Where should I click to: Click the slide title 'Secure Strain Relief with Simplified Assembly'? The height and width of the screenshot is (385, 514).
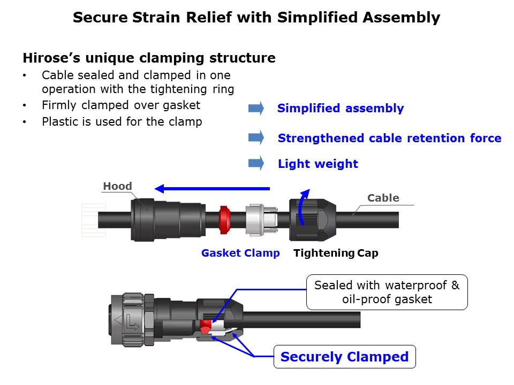[x=256, y=18]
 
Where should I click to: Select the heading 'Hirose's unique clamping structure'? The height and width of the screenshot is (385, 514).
[x=149, y=58]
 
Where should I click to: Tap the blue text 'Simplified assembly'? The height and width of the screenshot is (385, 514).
[x=341, y=109]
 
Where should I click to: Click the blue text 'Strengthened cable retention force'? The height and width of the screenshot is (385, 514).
[x=389, y=138]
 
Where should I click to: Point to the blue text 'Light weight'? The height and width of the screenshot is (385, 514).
[x=318, y=164]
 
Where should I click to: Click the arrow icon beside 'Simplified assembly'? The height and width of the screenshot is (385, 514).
[x=256, y=108]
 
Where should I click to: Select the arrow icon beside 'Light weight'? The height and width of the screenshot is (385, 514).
[x=256, y=163]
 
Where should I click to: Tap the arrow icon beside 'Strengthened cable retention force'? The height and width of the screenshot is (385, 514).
[x=256, y=137]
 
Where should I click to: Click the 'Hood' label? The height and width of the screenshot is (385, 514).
[x=117, y=186]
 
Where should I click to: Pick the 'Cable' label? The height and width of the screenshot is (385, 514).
[x=383, y=198]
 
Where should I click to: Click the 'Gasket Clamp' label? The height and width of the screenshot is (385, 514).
[x=240, y=253]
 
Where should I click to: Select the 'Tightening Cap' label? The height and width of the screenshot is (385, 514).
[x=336, y=253]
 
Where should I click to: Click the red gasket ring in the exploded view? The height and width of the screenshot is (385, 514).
[x=225, y=220]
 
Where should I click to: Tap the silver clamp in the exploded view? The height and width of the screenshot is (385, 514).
[x=258, y=220]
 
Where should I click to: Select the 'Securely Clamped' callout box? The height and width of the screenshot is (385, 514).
[x=344, y=357]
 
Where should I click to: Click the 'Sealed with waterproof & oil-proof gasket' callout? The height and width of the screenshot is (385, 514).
[x=387, y=292]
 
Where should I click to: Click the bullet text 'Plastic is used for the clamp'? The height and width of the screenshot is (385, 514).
[x=122, y=122]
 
